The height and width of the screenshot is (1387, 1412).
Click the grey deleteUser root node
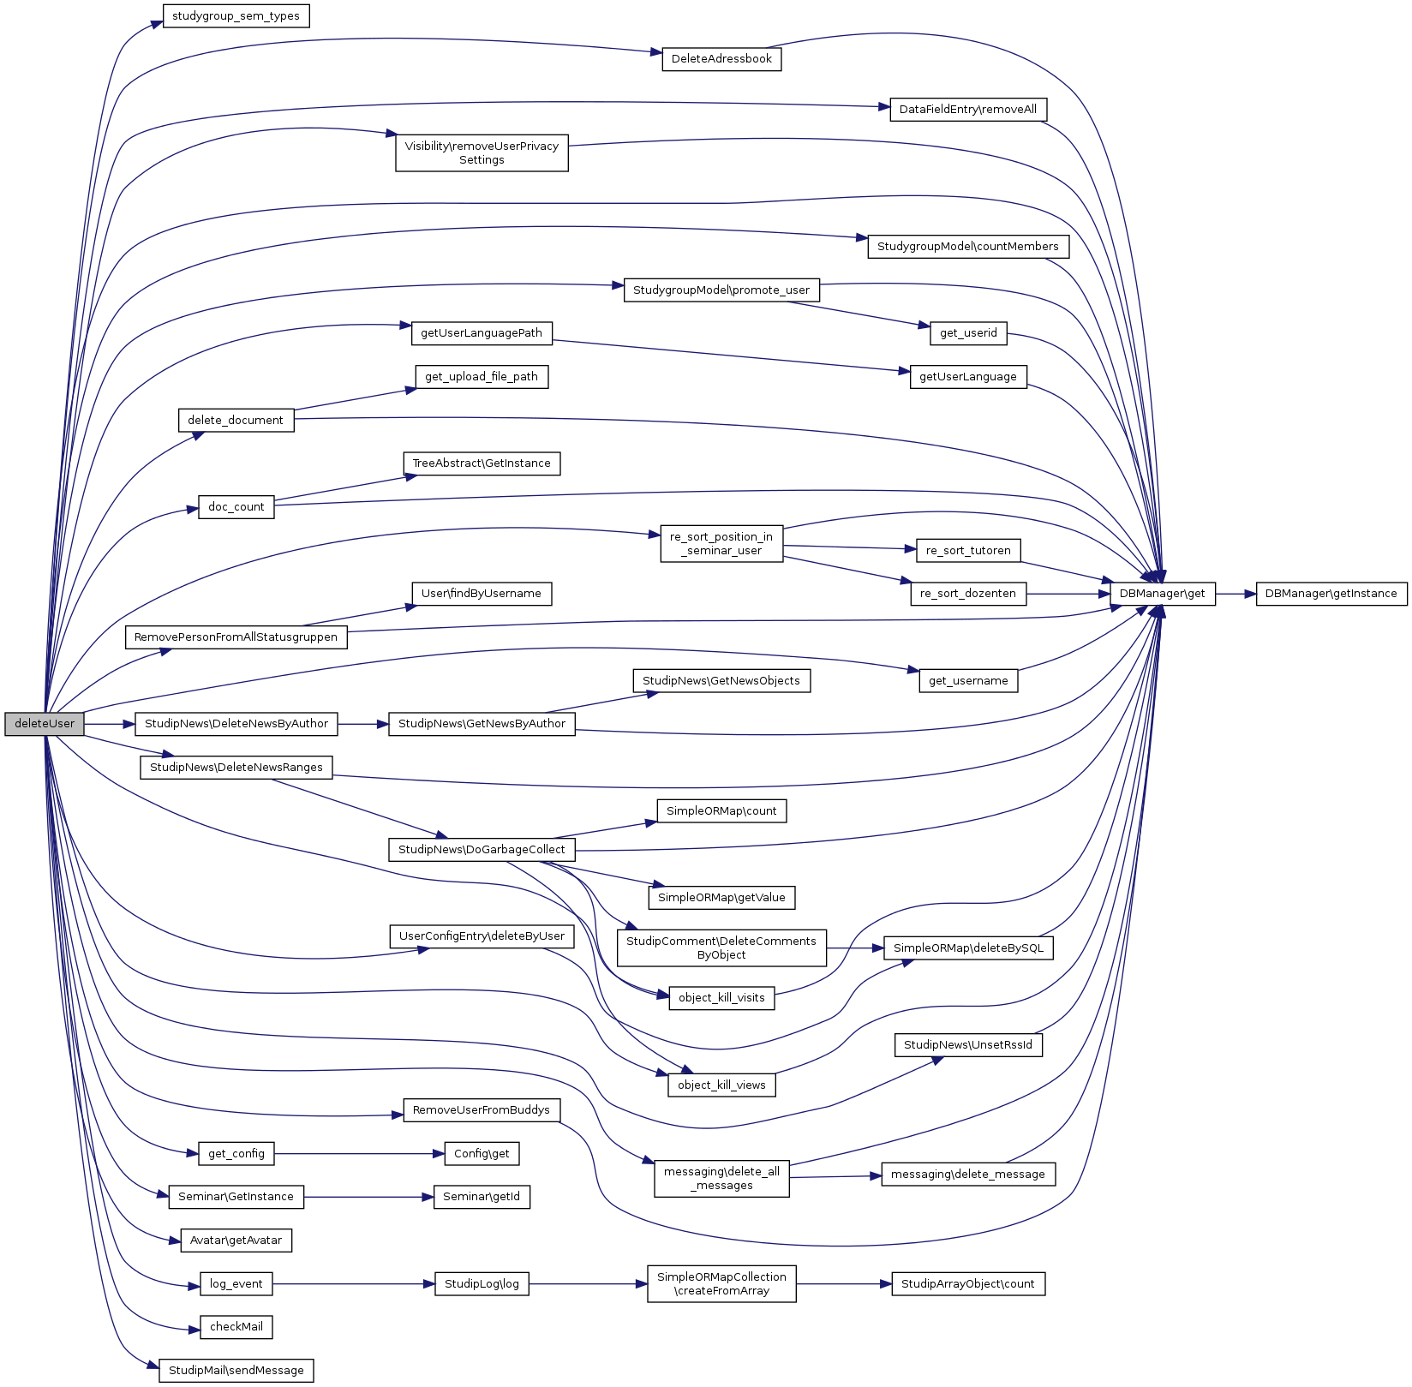(45, 723)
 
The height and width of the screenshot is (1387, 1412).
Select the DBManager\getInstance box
(1331, 594)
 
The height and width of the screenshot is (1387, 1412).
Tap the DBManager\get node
(1162, 594)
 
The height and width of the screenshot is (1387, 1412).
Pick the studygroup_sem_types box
(236, 16)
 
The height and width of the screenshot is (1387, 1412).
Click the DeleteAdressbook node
(721, 59)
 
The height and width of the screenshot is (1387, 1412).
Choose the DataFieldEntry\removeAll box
(967, 110)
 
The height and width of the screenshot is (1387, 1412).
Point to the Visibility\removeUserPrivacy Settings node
(482, 152)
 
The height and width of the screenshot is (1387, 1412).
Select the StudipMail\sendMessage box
(236, 1370)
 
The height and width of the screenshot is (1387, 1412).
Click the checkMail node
(236, 1327)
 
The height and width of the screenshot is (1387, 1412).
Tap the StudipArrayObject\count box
(967, 1284)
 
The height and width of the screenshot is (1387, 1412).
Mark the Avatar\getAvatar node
(236, 1240)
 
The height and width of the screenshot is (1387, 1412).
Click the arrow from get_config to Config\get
(359, 1154)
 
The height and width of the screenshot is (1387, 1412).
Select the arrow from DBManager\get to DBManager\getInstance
(1235, 594)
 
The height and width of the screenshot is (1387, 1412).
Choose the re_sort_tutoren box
(968, 551)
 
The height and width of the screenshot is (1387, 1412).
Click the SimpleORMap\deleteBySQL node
(968, 948)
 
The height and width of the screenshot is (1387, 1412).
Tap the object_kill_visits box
(721, 998)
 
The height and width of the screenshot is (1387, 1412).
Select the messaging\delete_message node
(968, 1175)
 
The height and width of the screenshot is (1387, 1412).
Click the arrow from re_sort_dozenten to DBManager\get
(1068, 594)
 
